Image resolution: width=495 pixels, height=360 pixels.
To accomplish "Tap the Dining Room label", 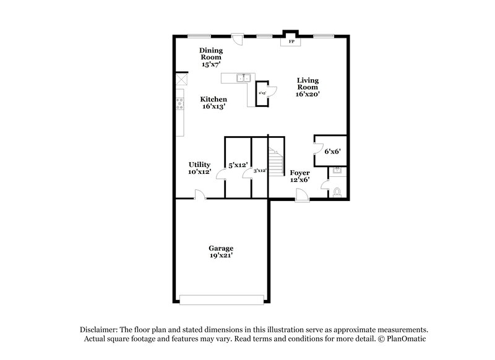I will click(x=211, y=57).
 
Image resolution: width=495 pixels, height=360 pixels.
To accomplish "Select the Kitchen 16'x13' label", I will click(x=213, y=103).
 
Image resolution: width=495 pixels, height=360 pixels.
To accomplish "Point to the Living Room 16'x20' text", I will click(x=308, y=87).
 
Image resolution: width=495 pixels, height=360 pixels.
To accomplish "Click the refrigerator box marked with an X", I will click(x=181, y=80).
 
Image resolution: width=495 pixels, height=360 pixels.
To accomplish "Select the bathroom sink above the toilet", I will click(x=338, y=171).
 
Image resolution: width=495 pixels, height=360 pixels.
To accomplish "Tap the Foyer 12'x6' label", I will click(x=299, y=176).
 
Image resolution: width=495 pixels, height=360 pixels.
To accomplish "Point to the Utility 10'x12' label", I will click(x=199, y=168).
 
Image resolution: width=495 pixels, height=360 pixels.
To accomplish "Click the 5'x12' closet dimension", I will click(x=238, y=165).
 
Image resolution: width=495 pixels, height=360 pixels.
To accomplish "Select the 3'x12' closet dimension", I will click(x=260, y=170).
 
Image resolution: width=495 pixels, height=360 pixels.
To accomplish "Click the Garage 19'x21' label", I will click(x=221, y=252).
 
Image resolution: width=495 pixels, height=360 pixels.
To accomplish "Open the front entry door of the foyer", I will click(x=303, y=196).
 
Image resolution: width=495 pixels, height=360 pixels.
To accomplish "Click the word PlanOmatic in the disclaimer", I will click(x=407, y=340).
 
